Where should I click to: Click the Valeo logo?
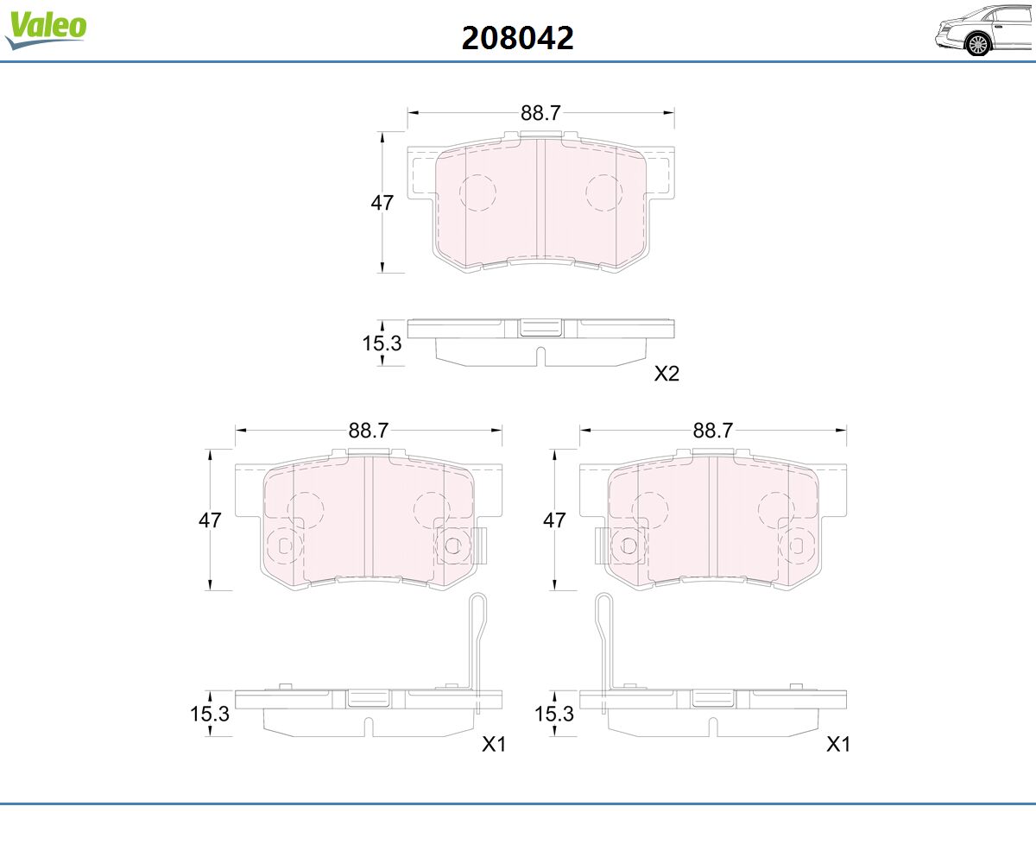point(46,28)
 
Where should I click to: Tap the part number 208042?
point(517,38)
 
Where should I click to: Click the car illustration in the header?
point(984,30)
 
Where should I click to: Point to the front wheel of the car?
point(978,45)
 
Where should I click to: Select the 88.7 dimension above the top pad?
point(540,113)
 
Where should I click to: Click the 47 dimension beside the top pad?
point(382,202)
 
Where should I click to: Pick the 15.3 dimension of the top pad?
point(382,343)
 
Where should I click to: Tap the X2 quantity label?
point(666,374)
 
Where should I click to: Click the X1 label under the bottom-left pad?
point(494,744)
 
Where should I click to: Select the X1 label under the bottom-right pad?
point(838,744)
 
